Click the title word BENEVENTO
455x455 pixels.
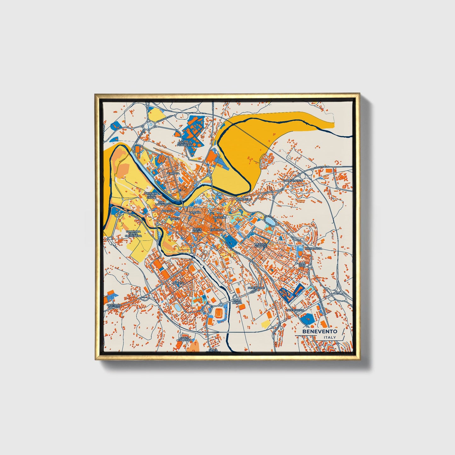[320, 332]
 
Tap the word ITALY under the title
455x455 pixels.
[329, 338]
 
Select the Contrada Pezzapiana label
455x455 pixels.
[185, 144]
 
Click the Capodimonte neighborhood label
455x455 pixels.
[293, 180]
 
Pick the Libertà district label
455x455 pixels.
[178, 283]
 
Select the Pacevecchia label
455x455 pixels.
[295, 310]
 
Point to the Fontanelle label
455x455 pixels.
[256, 288]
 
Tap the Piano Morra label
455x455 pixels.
[237, 302]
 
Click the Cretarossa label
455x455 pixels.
[313, 248]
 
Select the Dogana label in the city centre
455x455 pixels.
[195, 213]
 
